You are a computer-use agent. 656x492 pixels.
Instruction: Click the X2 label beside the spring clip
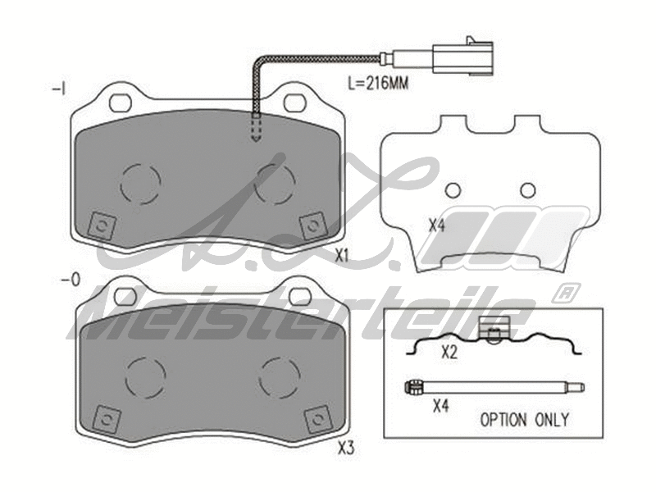pyautogui.click(x=449, y=353)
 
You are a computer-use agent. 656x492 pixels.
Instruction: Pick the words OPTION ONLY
pyautogui.click(x=524, y=419)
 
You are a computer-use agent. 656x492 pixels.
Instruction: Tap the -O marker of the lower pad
pyautogui.click(x=71, y=280)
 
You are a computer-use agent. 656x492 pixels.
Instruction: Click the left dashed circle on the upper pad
pyautogui.click(x=140, y=184)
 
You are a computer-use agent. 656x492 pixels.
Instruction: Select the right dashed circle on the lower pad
pyautogui.click(x=280, y=376)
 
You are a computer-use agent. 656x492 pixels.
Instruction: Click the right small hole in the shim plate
pyautogui.click(x=528, y=190)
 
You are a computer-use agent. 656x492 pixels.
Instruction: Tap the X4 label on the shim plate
pyautogui.click(x=436, y=225)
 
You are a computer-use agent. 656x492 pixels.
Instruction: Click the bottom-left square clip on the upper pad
pyautogui.click(x=101, y=224)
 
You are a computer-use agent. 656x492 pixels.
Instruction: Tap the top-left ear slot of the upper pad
pyautogui.click(x=121, y=102)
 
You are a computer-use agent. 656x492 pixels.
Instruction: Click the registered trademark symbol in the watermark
pyautogui.click(x=564, y=292)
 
